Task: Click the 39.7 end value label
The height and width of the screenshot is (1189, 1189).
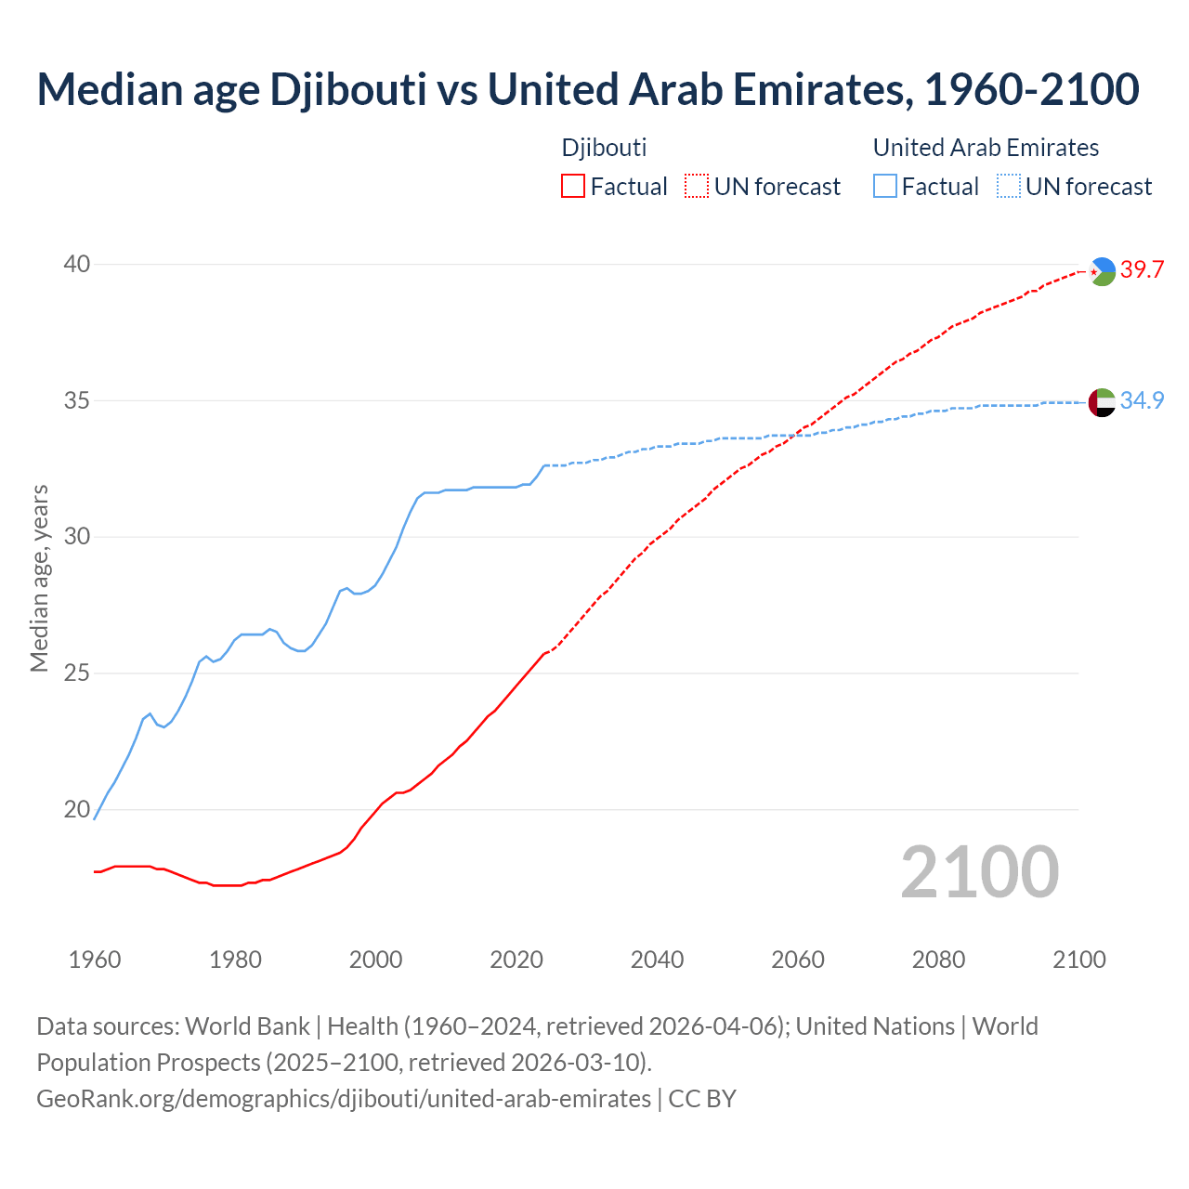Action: click(1142, 270)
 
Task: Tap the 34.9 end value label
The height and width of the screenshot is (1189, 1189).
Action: click(1142, 400)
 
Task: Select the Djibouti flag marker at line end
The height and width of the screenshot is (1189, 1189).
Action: click(1102, 271)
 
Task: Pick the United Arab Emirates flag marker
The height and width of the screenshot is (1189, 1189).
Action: click(1102, 402)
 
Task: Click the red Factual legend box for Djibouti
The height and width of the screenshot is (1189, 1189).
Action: click(573, 187)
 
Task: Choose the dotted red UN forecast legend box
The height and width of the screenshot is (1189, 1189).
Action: click(697, 187)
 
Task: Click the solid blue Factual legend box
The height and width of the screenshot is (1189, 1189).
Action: click(885, 187)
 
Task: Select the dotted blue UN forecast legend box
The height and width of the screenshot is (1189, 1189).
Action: click(1009, 187)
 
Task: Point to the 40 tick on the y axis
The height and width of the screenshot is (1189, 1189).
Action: click(77, 265)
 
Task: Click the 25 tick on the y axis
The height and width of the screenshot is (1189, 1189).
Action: click(77, 673)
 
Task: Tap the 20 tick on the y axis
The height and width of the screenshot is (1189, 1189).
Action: click(77, 809)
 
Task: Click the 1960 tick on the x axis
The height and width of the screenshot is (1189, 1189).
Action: click(95, 960)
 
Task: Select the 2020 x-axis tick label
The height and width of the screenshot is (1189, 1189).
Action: click(516, 960)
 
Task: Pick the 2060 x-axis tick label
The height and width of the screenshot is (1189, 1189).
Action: click(798, 960)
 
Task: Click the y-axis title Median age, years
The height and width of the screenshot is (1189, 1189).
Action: click(39, 578)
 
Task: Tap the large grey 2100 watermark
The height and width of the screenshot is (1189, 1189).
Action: click(980, 872)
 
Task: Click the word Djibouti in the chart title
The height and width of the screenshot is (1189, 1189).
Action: click(347, 89)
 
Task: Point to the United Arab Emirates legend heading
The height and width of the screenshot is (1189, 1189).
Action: click(986, 148)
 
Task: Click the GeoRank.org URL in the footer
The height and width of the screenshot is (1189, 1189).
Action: click(344, 1099)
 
